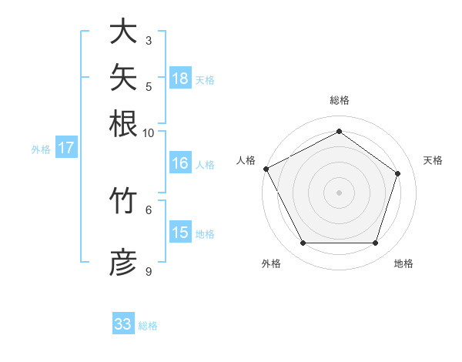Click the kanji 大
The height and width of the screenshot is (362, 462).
(x=123, y=31)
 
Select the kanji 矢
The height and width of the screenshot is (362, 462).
(x=123, y=77)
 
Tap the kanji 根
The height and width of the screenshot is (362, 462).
(x=123, y=123)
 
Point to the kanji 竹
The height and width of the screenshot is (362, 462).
(x=123, y=200)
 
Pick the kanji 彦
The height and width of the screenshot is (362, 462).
(x=123, y=262)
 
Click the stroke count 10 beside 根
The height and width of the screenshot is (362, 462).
(x=148, y=133)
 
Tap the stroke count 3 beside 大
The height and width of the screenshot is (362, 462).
(x=149, y=41)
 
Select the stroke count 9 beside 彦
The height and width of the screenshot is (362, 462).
(x=149, y=271)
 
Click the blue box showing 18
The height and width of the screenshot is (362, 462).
(x=181, y=78)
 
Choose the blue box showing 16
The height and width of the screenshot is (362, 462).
(x=181, y=163)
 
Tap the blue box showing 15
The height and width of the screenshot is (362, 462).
(x=181, y=231)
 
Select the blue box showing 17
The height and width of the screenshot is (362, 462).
(x=66, y=147)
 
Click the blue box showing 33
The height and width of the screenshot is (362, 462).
(x=123, y=323)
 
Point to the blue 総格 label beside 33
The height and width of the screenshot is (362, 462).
(x=148, y=326)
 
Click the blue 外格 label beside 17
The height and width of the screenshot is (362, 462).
(x=41, y=149)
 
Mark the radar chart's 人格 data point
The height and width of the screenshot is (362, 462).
(x=266, y=169)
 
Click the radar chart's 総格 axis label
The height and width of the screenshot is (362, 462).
(x=340, y=100)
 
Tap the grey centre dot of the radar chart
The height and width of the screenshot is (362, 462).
(x=339, y=193)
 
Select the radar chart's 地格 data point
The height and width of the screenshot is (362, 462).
(x=376, y=243)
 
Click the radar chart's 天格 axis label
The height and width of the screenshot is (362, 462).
(x=433, y=160)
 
